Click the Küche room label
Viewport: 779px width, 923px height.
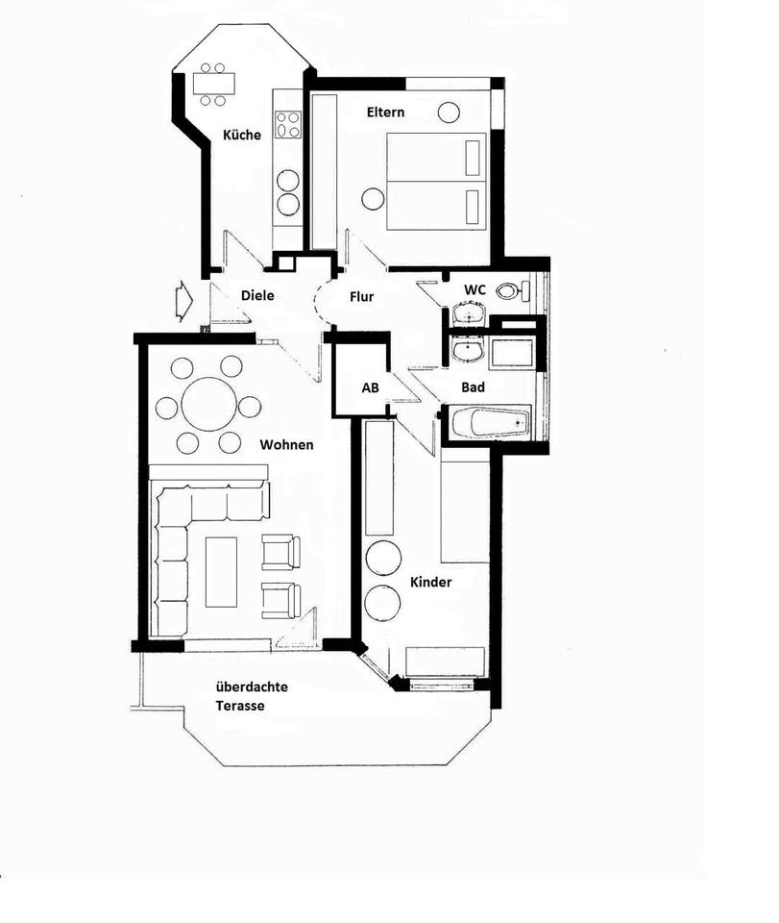pos(242,135)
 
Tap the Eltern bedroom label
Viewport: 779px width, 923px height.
pos(386,112)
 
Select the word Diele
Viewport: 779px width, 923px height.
pos(257,295)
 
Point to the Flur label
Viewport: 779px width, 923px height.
pos(361,297)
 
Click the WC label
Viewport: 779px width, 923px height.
pos(475,289)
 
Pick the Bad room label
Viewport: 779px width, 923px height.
pos(474,387)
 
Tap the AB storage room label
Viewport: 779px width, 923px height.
pos(371,387)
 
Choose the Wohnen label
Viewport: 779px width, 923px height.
pos(287,444)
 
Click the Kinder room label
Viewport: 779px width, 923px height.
pos(431,583)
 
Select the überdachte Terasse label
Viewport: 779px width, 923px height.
pos(252,696)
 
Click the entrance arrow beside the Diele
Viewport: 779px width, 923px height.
pos(183,301)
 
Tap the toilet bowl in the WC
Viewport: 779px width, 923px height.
pos(509,290)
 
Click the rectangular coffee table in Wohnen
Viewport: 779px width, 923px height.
pos(221,571)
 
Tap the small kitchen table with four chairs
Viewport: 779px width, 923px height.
pos(213,84)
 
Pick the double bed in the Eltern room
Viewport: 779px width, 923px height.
pos(436,182)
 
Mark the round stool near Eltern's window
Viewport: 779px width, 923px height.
pos(449,112)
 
